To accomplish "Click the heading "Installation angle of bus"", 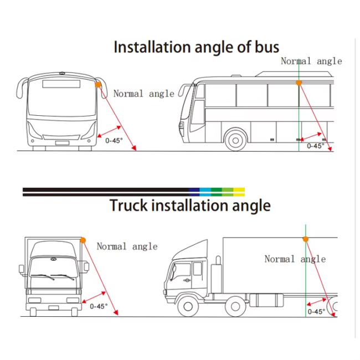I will pyautogui.click(x=196, y=47).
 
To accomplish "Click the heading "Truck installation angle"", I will pyautogui.click(x=190, y=205).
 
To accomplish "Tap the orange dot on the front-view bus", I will pyautogui.click(x=98, y=85).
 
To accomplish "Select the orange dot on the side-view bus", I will pyautogui.click(x=299, y=83).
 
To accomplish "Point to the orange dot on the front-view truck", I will pyautogui.click(x=83, y=240).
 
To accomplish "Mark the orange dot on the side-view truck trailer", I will pyautogui.click(x=305, y=239).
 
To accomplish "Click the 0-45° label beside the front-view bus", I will pyautogui.click(x=114, y=140).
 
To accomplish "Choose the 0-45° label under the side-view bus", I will pyautogui.click(x=315, y=146).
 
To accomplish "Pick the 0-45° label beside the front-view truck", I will pyautogui.click(x=99, y=306).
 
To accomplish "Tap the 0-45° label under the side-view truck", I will pyautogui.click(x=316, y=312).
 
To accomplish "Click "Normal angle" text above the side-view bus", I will pyautogui.click(x=311, y=61).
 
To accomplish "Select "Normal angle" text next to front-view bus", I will pyautogui.click(x=143, y=94).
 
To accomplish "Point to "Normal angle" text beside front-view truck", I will pyautogui.click(x=127, y=246).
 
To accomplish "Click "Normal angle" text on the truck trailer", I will pyautogui.click(x=295, y=259).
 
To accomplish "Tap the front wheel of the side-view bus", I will pyautogui.click(x=236, y=140).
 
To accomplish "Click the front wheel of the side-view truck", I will pyautogui.click(x=187, y=306).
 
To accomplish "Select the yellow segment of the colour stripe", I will pyautogui.click(x=239, y=192).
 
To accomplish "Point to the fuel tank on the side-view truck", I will pyautogui.click(x=266, y=300).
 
